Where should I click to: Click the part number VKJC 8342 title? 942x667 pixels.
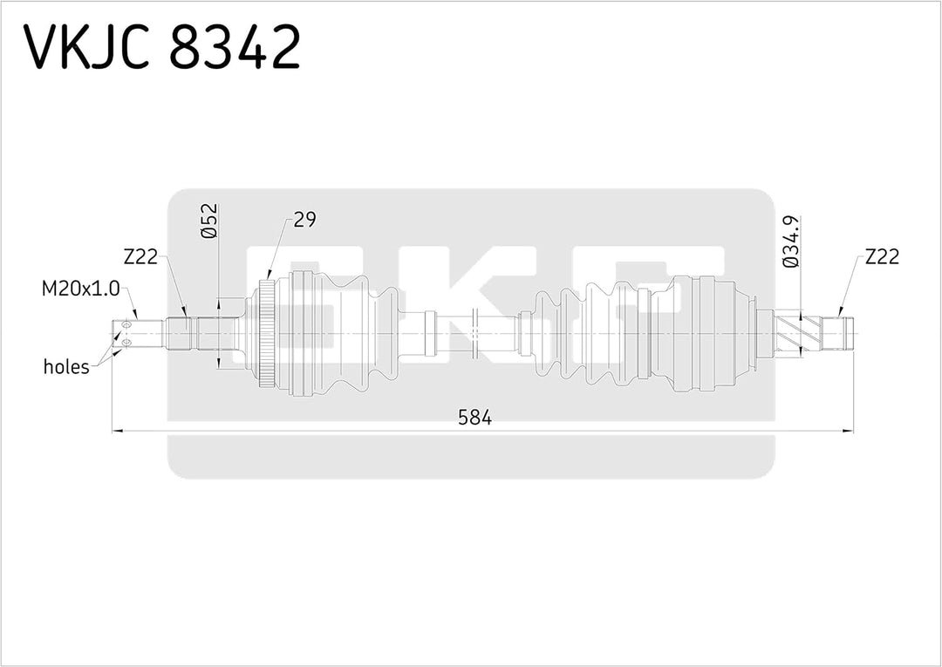(162, 47)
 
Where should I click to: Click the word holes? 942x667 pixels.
(66, 367)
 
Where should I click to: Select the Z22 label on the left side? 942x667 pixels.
(141, 256)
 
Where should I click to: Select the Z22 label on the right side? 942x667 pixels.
(882, 256)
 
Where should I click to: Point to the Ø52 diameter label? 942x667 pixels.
(208, 221)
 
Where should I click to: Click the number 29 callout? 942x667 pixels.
(304, 220)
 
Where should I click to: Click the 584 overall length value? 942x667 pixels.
(475, 418)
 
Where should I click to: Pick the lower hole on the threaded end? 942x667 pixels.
(126, 342)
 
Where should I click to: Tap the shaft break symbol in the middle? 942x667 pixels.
(474, 332)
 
